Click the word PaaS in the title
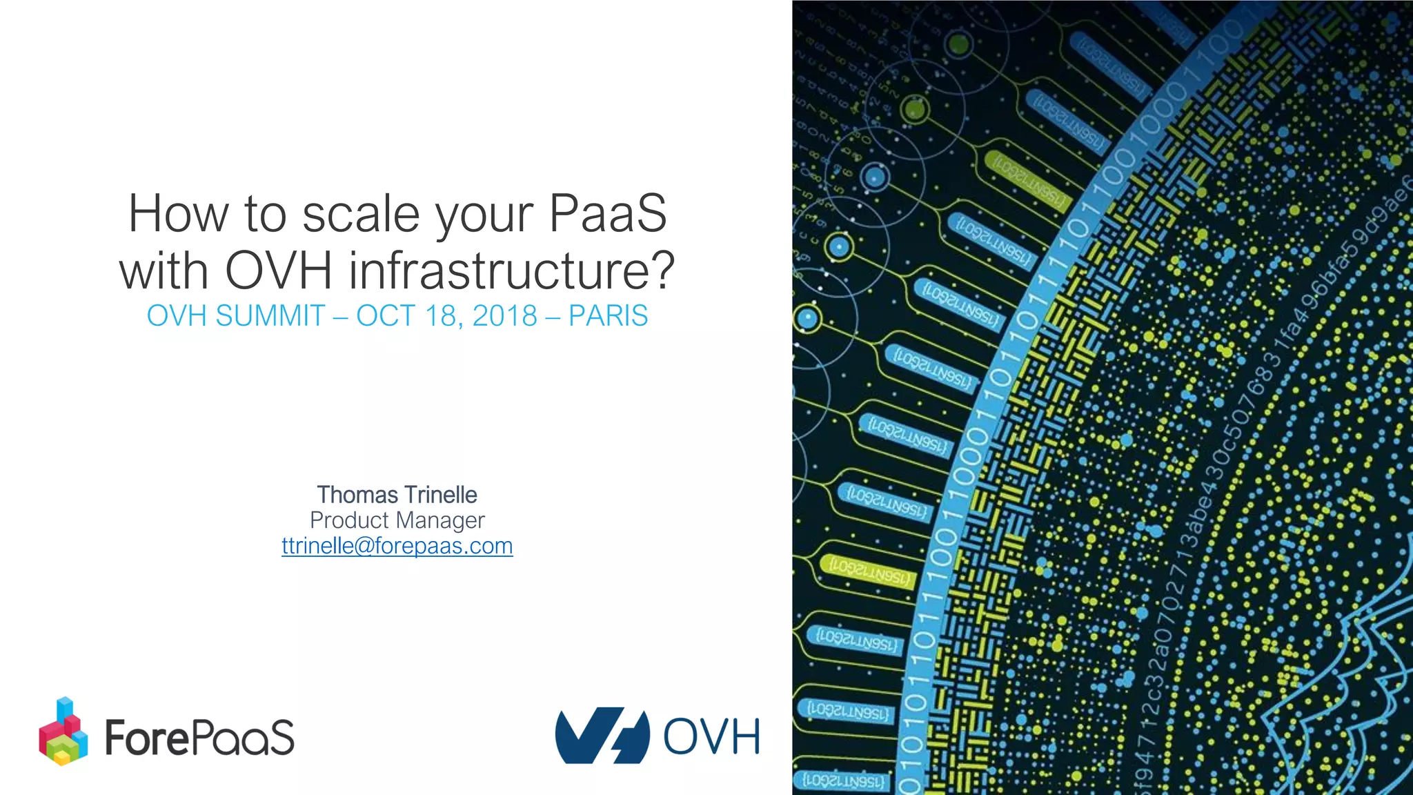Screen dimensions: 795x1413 coord(608,213)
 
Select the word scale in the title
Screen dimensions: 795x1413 coord(361,213)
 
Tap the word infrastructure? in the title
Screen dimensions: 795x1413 coord(511,270)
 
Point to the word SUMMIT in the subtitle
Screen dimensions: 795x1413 coord(270,316)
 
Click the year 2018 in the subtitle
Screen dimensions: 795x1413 coord(505,316)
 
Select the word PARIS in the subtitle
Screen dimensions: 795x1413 coord(608,316)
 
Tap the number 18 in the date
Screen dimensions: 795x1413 coord(441,316)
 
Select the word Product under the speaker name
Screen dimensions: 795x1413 coord(349,520)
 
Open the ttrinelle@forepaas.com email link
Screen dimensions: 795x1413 coord(397,546)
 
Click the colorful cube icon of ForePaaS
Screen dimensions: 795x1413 coord(63,732)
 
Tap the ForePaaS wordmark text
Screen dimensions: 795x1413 coord(199,738)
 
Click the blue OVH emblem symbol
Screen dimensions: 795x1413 coord(602,736)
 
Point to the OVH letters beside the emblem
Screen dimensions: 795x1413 coord(711,736)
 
